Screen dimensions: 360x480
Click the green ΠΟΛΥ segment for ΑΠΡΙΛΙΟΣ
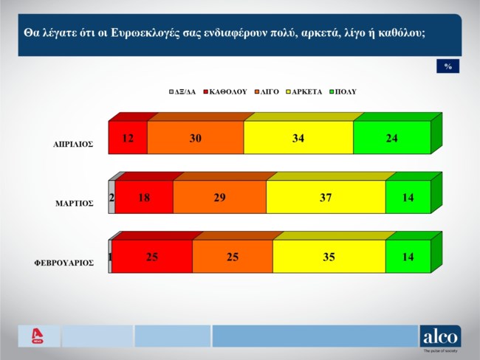coord(391,138)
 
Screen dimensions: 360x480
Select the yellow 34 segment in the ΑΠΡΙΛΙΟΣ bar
coord(298,138)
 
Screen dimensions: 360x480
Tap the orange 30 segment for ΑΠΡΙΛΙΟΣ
coord(195,138)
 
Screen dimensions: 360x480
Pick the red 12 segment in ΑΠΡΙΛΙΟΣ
coord(128,138)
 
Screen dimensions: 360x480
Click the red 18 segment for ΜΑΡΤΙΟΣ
coord(144,197)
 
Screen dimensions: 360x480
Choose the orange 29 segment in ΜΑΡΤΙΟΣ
coord(219,197)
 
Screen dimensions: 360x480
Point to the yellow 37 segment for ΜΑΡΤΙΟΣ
coord(326,197)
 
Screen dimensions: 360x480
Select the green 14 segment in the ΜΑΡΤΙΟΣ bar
coord(408,197)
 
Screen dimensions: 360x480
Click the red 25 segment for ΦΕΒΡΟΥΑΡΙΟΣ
coord(152,257)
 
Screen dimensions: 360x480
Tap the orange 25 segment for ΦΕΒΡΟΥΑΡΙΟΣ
coord(232,257)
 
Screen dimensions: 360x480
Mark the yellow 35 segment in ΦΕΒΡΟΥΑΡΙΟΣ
coord(329,257)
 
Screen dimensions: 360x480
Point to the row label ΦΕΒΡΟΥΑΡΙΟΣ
coord(64,263)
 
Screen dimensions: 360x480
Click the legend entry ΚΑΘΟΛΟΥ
coord(227,92)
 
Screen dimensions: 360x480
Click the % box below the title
coord(448,66)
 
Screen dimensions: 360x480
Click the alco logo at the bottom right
coord(440,336)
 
